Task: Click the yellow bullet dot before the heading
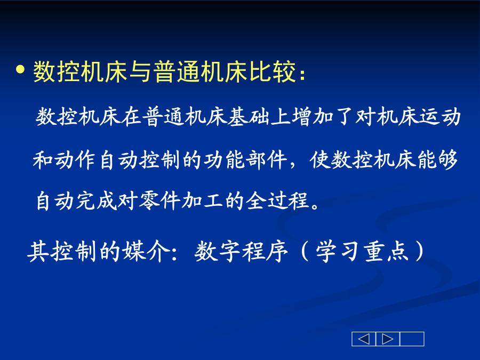pyautogui.click(x=20, y=69)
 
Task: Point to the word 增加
pyautogui.click(x=313, y=117)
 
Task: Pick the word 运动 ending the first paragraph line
pyautogui.click(x=439, y=117)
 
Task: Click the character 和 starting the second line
pyautogui.click(x=43, y=159)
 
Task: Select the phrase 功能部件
pyautogui.click(x=245, y=159)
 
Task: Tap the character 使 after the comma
pyautogui.click(x=319, y=159)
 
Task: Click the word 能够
pyautogui.click(x=437, y=159)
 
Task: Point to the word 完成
pyautogui.click(x=86, y=201)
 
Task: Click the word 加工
pyautogui.click(x=202, y=201)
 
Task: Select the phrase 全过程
pyautogui.click(x=277, y=201)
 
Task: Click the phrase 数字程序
pyautogui.click(x=241, y=251)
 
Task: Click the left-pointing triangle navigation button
pyautogui.click(x=364, y=339)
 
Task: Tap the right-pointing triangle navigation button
pyautogui.click(x=388, y=339)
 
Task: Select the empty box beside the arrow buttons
pyautogui.click(x=412, y=339)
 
